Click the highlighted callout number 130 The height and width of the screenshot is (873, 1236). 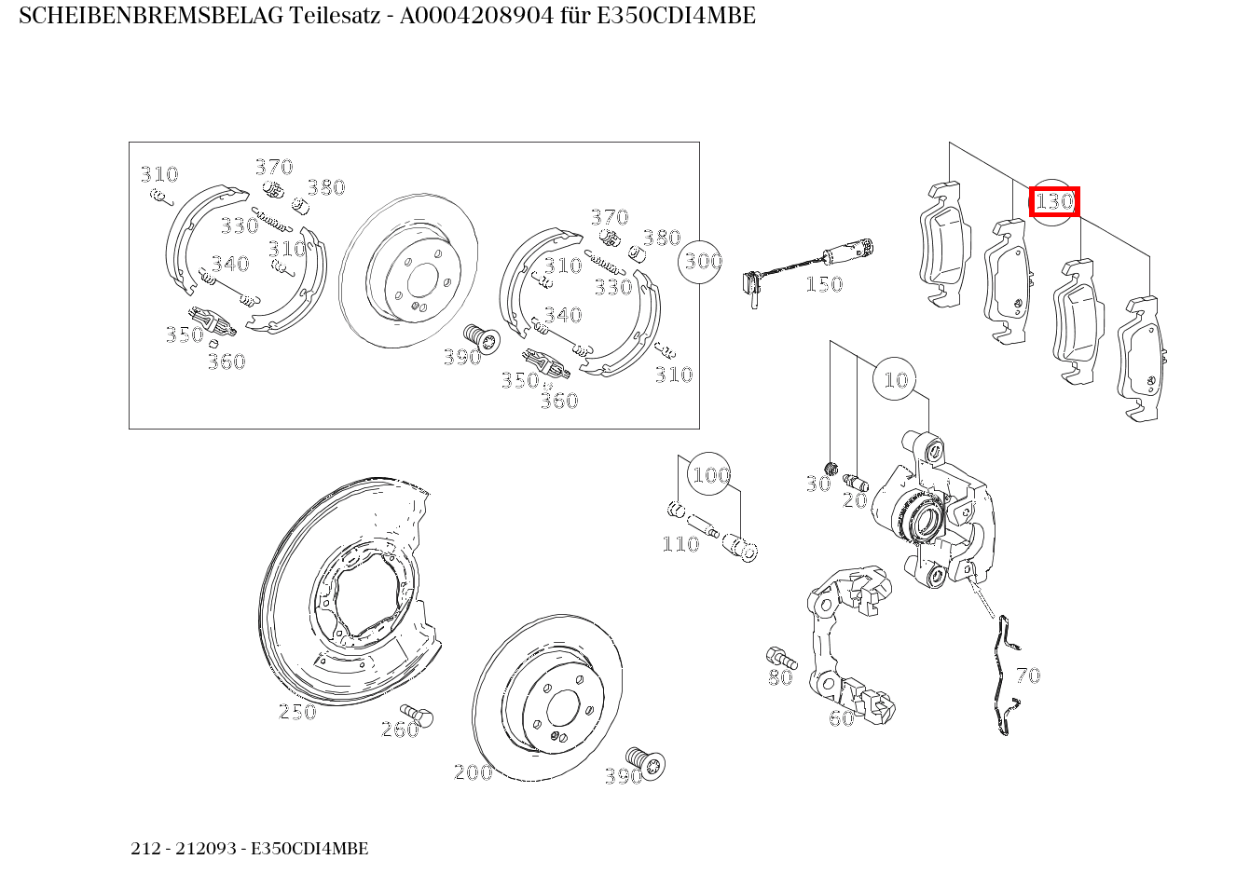[1054, 201]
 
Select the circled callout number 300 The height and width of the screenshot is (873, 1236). [702, 261]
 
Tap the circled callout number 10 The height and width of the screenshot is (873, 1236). [895, 380]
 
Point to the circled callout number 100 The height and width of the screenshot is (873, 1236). [709, 475]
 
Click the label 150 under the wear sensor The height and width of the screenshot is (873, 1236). [823, 284]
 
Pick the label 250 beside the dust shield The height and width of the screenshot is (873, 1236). [297, 712]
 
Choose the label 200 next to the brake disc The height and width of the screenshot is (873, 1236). [473, 772]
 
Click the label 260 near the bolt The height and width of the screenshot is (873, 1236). [399, 730]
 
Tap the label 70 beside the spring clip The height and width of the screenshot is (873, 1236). [1027, 675]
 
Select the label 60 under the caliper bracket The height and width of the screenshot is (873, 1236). [841, 718]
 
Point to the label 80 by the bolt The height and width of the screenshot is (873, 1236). [780, 677]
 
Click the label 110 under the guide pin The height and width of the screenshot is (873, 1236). [680, 544]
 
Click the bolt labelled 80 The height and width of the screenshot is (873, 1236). [778, 655]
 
